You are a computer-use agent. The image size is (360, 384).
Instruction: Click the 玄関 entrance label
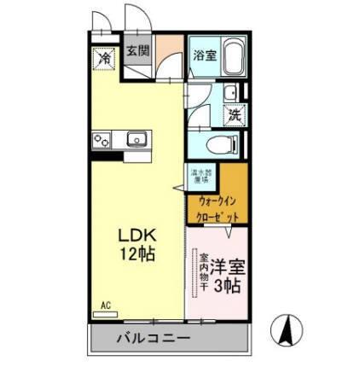click(138, 50)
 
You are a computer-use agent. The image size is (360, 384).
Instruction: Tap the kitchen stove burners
click(101, 139)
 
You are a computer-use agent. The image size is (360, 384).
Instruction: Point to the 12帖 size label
click(134, 254)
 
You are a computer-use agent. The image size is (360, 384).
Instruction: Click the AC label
click(106, 305)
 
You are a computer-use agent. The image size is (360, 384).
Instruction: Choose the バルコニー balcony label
click(154, 339)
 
